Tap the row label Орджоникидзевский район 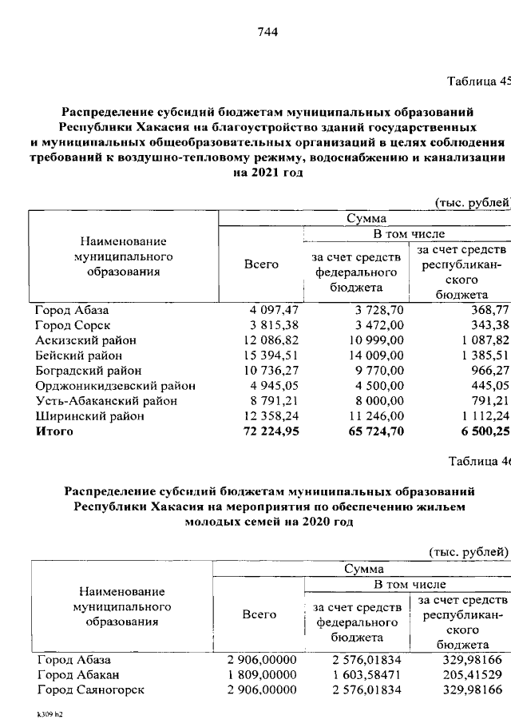tap(115, 386)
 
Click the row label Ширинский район tap(89, 416)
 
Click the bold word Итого tap(53, 431)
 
